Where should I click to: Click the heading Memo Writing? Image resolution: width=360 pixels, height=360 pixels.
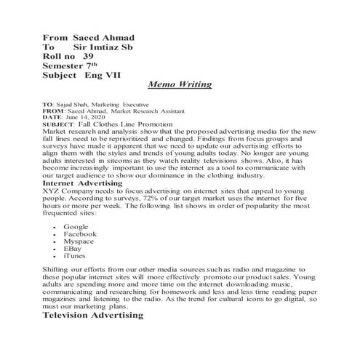pyautogui.click(x=179, y=84)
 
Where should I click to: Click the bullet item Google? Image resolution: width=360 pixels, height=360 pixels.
pyautogui.click(x=76, y=227)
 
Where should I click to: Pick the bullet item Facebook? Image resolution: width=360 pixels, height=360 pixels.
pyautogui.click(x=80, y=234)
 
